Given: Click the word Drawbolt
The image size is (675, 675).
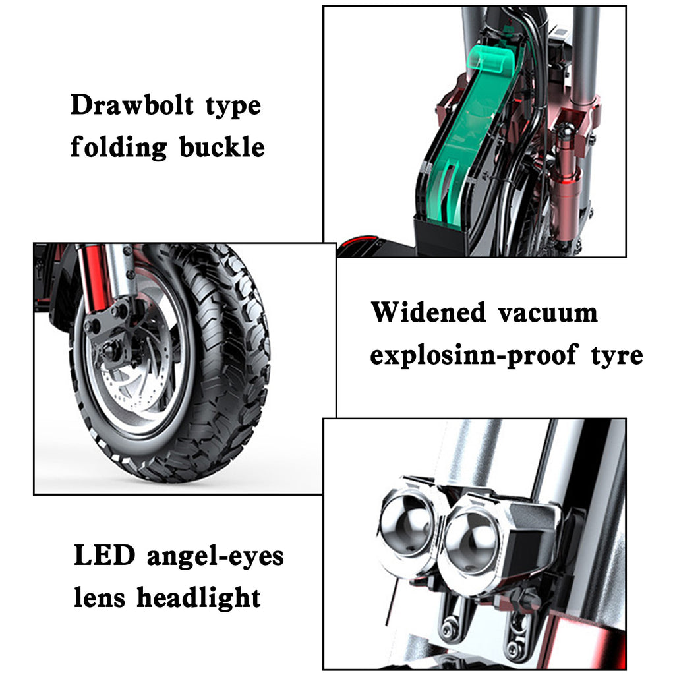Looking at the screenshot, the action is (132, 105).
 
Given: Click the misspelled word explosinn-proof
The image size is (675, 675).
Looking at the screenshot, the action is (473, 355).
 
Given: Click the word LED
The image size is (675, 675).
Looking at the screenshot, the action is (105, 555).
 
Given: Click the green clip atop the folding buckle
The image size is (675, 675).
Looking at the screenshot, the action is (493, 59).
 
